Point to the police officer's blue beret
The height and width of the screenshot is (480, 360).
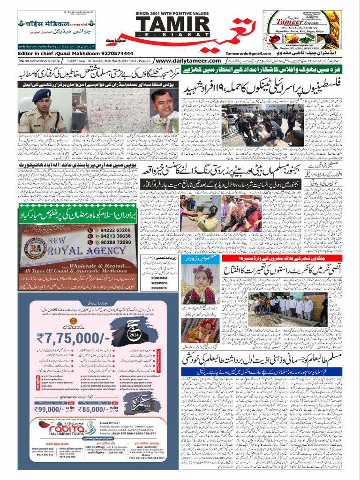41,94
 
